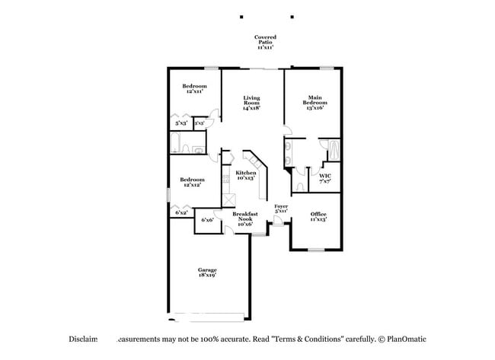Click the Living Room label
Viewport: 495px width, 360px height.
click(x=251, y=103)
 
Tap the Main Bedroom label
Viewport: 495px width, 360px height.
click(x=315, y=103)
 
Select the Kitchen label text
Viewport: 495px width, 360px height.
click(x=245, y=176)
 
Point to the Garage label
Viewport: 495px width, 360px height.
click(x=207, y=272)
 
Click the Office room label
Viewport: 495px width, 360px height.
click(x=318, y=216)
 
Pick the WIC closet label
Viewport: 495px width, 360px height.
click(x=325, y=178)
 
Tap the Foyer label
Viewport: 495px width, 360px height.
click(x=281, y=209)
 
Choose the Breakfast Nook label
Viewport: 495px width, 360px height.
click(x=245, y=219)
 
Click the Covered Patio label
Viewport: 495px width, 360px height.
click(x=265, y=42)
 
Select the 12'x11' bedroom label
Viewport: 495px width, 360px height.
click(x=194, y=89)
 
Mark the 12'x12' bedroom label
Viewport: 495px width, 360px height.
click(x=192, y=183)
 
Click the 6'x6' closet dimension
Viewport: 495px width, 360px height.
click(x=206, y=221)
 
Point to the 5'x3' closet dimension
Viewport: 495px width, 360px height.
click(x=181, y=123)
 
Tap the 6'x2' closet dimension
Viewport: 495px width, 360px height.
click(x=181, y=212)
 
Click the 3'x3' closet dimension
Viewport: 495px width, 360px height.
click(x=200, y=123)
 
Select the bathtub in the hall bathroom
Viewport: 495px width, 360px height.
click(x=176, y=144)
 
